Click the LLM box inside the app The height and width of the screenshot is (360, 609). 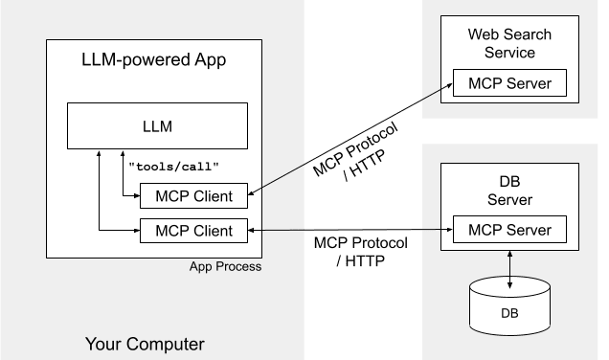157,125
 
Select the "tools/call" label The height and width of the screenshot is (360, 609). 173,166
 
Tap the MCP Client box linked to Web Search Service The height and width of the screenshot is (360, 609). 192,198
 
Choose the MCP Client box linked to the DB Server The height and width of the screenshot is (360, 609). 192,230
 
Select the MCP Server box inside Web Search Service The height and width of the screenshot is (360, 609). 509,83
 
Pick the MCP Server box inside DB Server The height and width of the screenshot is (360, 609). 509,230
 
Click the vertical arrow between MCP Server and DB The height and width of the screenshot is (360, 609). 509,261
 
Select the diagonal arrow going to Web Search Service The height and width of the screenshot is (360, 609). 350,141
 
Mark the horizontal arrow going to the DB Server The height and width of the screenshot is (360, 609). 350,230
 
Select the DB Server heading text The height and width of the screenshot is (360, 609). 509,191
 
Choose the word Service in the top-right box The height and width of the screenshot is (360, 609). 509,53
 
